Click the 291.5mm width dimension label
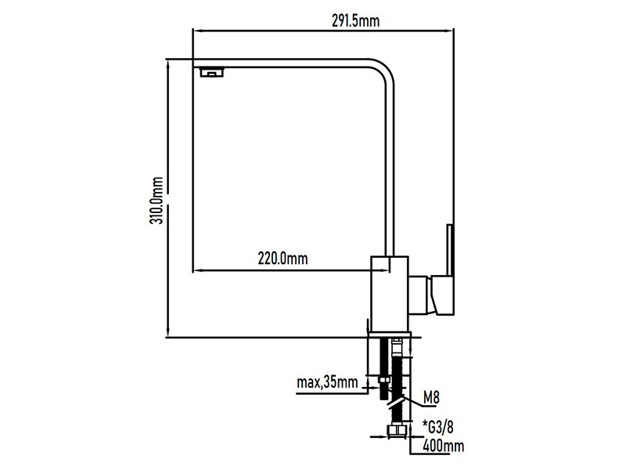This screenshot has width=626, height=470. tap(356, 21)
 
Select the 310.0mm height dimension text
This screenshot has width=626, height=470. tap(156, 201)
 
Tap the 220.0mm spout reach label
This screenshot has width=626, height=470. tap(282, 258)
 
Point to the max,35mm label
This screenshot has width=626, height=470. tap(327, 382)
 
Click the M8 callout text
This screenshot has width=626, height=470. tap(431, 398)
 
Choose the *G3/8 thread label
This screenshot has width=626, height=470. tap(438, 427)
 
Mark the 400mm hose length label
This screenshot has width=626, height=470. tap(443, 446)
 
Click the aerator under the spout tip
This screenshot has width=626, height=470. tap(211, 72)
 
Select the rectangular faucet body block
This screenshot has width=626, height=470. tap(390, 294)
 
